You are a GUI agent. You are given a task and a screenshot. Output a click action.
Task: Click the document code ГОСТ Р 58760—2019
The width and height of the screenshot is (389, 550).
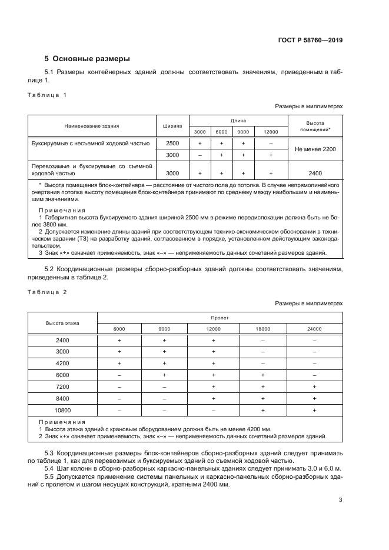tap(310, 40)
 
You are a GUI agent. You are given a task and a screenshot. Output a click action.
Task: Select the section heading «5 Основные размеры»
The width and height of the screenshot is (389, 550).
tap(87, 59)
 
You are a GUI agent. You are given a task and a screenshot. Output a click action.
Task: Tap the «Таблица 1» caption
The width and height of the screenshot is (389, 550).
tap(48, 95)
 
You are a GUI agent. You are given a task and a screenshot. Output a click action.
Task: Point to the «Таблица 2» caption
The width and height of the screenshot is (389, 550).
tap(48, 292)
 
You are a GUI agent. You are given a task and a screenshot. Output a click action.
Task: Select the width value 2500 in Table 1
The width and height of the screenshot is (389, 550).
tap(172, 144)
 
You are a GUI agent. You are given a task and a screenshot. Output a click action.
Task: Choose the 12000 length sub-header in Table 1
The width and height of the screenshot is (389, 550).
tap(271, 132)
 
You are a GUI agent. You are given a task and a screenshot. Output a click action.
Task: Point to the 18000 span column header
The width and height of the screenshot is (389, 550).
tap(263, 329)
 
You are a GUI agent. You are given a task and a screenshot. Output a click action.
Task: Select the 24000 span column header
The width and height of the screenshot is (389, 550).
tap(314, 329)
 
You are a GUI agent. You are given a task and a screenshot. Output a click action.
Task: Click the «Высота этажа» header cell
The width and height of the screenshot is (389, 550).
tap(62, 323)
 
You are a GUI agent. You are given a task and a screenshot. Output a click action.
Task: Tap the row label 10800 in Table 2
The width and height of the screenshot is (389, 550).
tap(62, 409)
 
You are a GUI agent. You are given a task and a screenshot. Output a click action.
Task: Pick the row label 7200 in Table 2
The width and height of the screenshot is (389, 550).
tap(62, 386)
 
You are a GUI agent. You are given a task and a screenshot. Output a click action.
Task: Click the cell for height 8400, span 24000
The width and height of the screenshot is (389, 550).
tap(314, 398)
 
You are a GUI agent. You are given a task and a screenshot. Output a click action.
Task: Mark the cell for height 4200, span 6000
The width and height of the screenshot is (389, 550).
tap(119, 364)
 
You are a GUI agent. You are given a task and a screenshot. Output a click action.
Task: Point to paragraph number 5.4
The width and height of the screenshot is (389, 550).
tap(51, 468)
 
